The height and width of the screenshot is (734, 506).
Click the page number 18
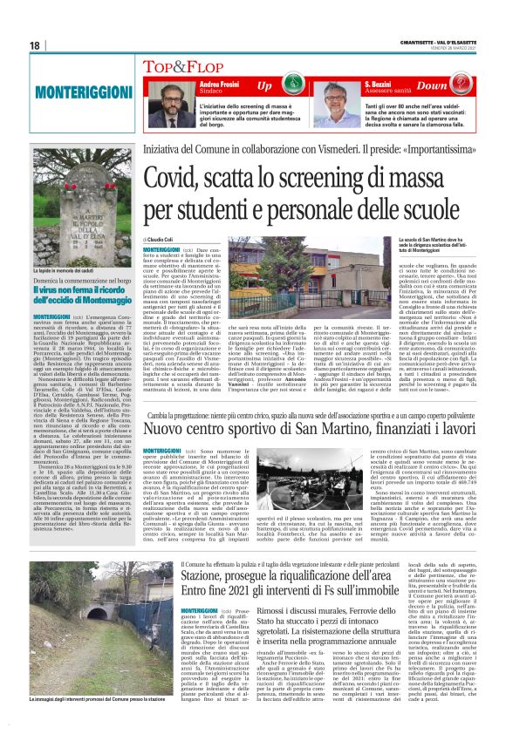pyautogui.click(x=36, y=45)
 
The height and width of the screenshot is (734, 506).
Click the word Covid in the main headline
pyautogui.click(x=179, y=179)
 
